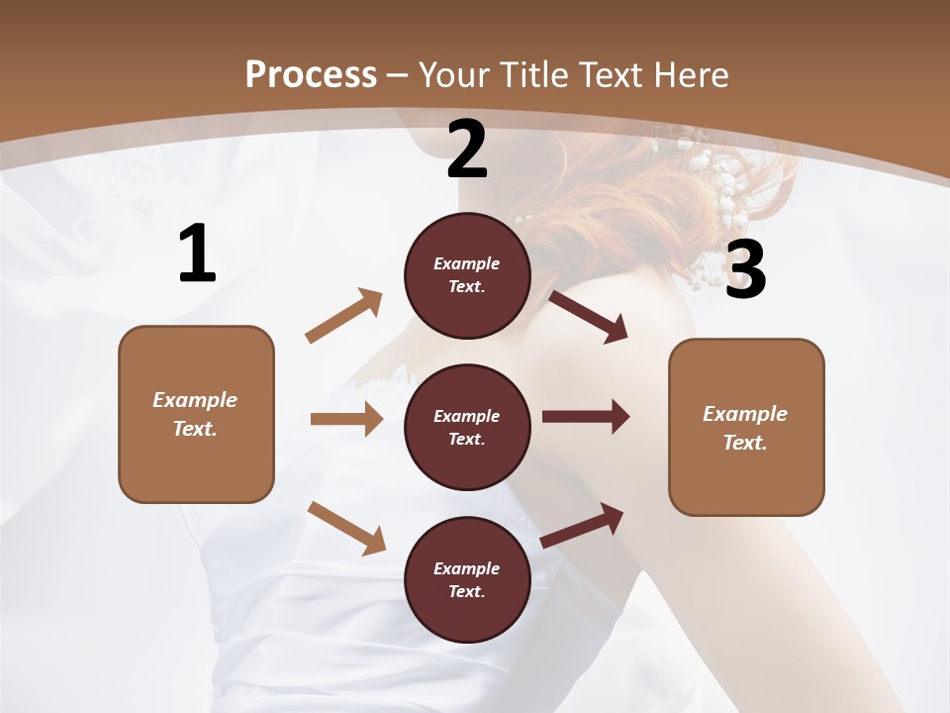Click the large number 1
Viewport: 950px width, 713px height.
coord(197,255)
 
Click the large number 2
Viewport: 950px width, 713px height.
coord(467,150)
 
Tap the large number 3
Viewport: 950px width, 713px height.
coord(745,269)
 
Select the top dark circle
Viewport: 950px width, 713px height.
coord(467,275)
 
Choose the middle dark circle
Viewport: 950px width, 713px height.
coord(467,427)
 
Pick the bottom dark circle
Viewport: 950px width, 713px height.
coord(467,579)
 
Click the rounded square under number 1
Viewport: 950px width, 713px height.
coord(196,414)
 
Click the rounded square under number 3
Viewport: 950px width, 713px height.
coord(746,427)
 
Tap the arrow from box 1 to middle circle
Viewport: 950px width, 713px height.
coord(346,419)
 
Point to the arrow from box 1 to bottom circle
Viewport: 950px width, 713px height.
coord(346,527)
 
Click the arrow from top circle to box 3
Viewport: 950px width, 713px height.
coord(588,316)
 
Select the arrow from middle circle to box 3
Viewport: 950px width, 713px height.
coord(585,417)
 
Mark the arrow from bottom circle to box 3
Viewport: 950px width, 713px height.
coord(582,526)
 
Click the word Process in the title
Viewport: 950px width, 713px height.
coord(311,74)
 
